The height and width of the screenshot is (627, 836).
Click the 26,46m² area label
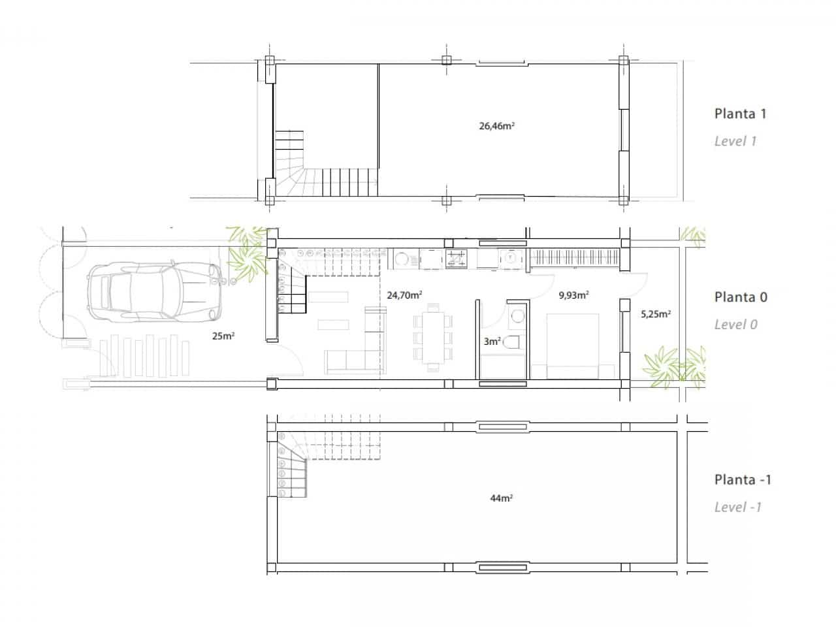pyautogui.click(x=497, y=126)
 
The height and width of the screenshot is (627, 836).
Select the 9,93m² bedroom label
pyautogui.click(x=573, y=295)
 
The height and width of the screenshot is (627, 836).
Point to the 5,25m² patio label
pyautogui.click(x=656, y=314)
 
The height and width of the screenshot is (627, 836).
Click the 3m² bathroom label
pyautogui.click(x=492, y=341)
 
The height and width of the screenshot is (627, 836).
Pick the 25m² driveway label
pyautogui.click(x=223, y=336)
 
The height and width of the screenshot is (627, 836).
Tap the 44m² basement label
pyautogui.click(x=501, y=498)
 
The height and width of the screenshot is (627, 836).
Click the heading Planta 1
pyautogui.click(x=740, y=114)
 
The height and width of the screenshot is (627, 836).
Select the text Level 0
pyautogui.click(x=735, y=325)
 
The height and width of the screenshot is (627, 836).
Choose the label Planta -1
pyautogui.click(x=743, y=480)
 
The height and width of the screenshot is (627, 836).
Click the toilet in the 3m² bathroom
pyautogui.click(x=513, y=342)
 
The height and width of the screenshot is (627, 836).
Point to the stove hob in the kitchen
pyautogui.click(x=456, y=259)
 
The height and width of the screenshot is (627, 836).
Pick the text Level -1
pyautogui.click(x=737, y=507)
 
